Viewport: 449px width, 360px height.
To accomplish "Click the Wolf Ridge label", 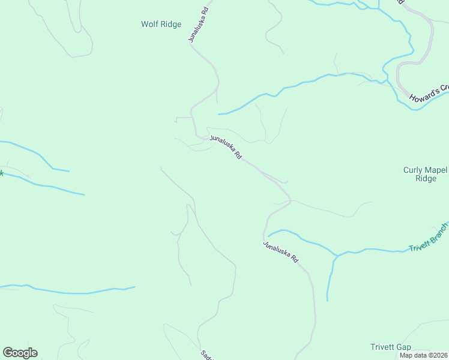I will coord(161,25).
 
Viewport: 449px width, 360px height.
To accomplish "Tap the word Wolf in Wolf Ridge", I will coord(149,25).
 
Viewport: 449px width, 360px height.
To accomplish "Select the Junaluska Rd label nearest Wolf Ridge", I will coord(198,25).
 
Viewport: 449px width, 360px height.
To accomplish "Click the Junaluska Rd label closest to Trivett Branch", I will coord(280,252).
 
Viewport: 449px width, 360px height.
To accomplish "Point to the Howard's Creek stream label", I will coord(429,93).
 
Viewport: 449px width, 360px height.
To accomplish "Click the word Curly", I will coord(413,170).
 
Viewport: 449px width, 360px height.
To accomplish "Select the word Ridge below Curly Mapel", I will coord(426,179).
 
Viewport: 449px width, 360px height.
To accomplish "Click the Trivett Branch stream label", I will coord(429,238).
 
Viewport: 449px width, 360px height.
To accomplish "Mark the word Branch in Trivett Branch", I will coord(438,232).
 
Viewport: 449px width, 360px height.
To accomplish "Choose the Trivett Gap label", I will coord(390,347).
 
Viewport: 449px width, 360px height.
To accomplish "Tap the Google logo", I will coord(20,353).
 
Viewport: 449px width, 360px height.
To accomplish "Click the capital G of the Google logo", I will coord(8,353).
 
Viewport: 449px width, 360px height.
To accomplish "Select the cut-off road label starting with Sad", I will coord(204,355).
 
